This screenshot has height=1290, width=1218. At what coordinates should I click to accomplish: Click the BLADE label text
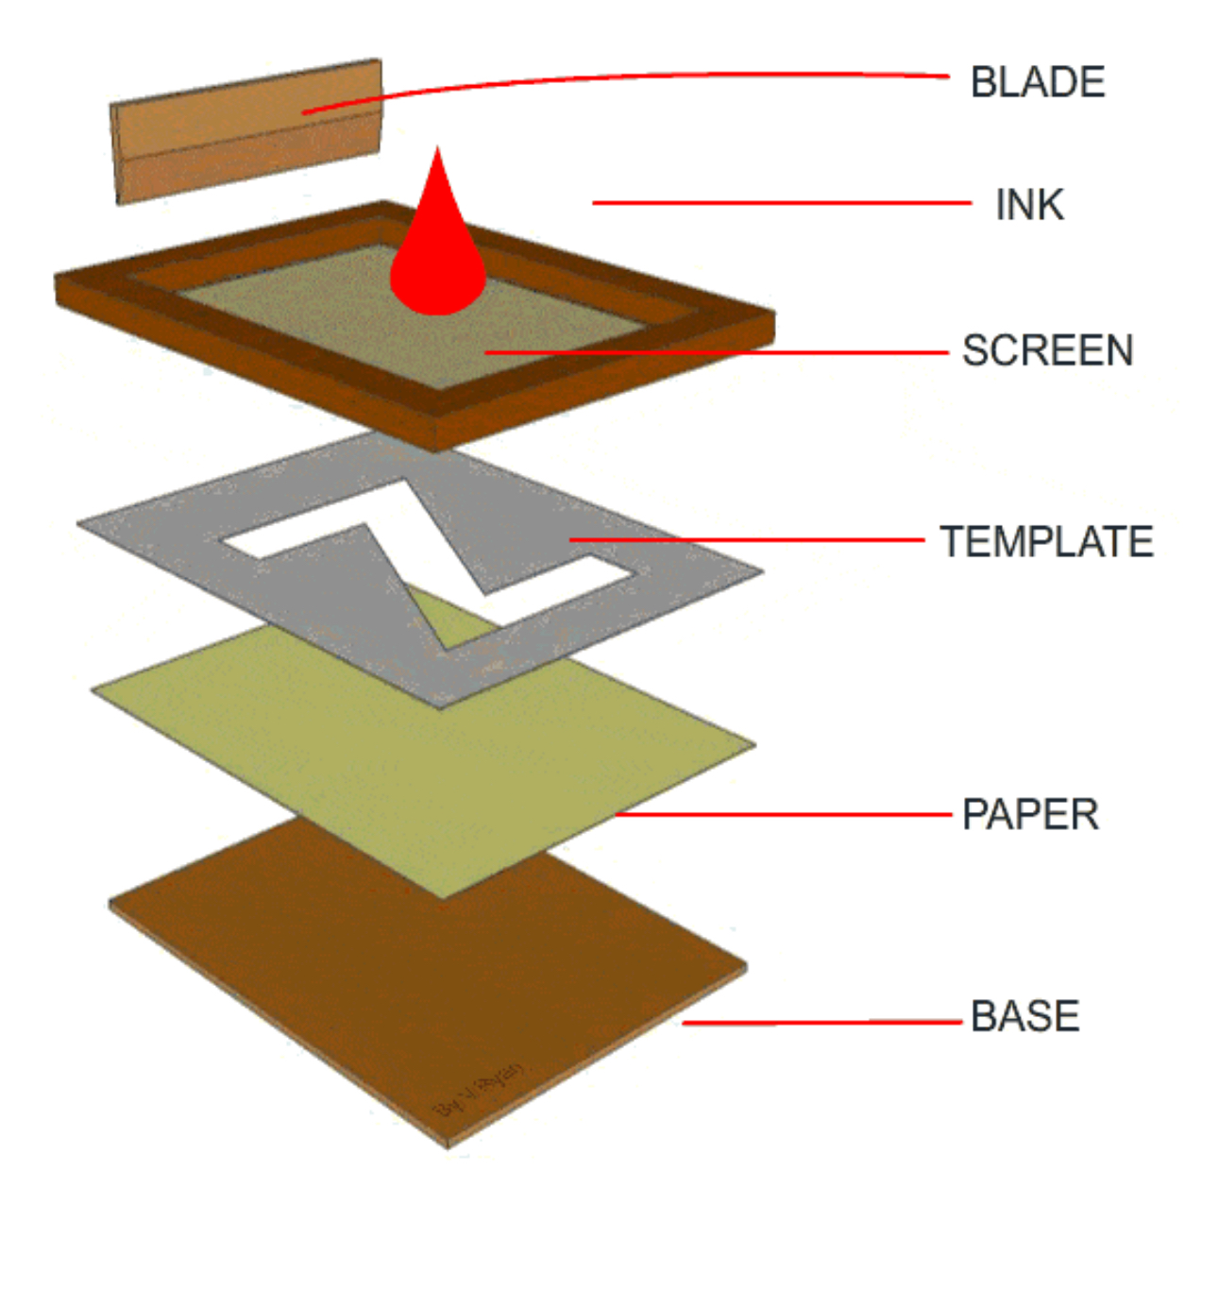1037,82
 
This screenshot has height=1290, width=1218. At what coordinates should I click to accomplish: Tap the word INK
1029,205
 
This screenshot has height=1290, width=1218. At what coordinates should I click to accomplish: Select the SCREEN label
1047,350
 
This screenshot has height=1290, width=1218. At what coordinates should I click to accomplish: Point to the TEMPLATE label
1046,542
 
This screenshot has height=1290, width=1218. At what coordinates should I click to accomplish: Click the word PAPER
1030,815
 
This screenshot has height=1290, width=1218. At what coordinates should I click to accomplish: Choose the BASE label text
1024,1016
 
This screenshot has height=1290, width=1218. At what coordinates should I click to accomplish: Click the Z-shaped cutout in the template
425,548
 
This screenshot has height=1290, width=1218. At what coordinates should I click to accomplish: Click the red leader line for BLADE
661,76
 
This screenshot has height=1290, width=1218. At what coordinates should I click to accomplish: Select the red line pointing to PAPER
784,814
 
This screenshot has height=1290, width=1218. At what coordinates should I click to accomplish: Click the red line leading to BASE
821,1022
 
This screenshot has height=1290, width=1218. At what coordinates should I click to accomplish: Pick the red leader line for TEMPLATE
746,540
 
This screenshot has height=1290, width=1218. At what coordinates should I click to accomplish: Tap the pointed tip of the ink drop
437,151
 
